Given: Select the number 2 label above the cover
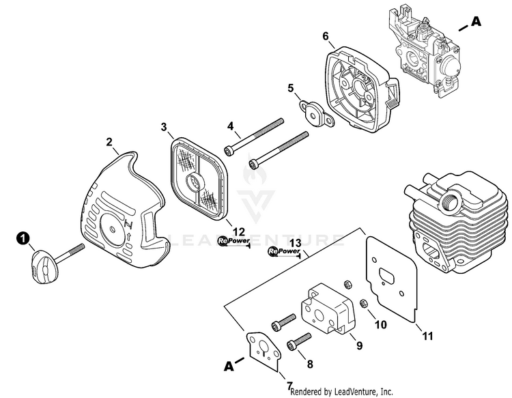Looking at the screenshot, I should click(109, 142).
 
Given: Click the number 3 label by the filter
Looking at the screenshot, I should click(164, 127).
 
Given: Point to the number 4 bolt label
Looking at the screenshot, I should click(231, 126).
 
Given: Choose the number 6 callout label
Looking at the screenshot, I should click(326, 35).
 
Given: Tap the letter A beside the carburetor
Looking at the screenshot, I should click(476, 23).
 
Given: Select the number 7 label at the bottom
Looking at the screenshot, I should click(290, 386).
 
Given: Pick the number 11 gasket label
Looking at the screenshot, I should click(428, 335).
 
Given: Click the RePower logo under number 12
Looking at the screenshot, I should click(233, 241).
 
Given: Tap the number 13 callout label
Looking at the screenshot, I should click(295, 244).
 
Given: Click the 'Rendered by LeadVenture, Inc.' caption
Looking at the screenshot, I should click(341, 392).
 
